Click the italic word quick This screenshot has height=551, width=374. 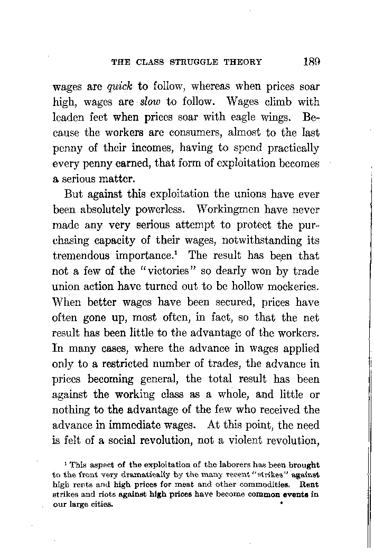(x=120, y=85)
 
